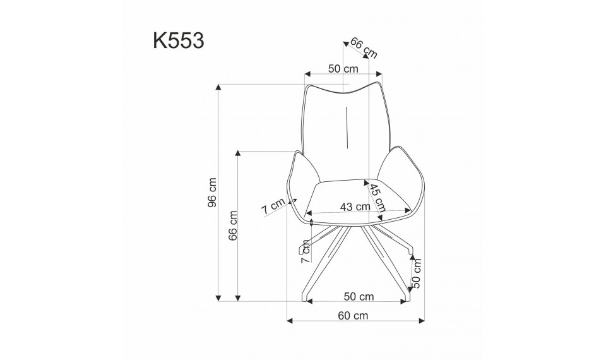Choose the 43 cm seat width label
pos(355,207)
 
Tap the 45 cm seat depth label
pos(377,198)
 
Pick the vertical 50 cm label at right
pos(417,272)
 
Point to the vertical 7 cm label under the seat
pos(305,251)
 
